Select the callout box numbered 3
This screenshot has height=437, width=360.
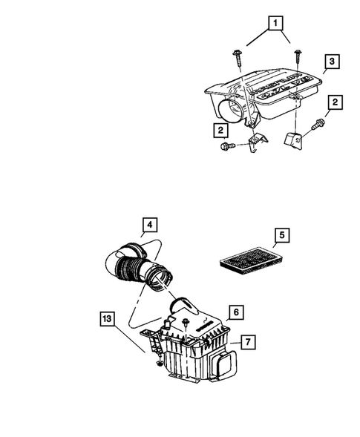(333, 62)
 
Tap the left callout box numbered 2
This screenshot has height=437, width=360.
(220, 131)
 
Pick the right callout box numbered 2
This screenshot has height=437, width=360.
(336, 101)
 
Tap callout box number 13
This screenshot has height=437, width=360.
(108, 318)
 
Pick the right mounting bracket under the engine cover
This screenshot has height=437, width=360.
(294, 137)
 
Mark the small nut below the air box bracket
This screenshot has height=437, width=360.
(160, 364)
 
